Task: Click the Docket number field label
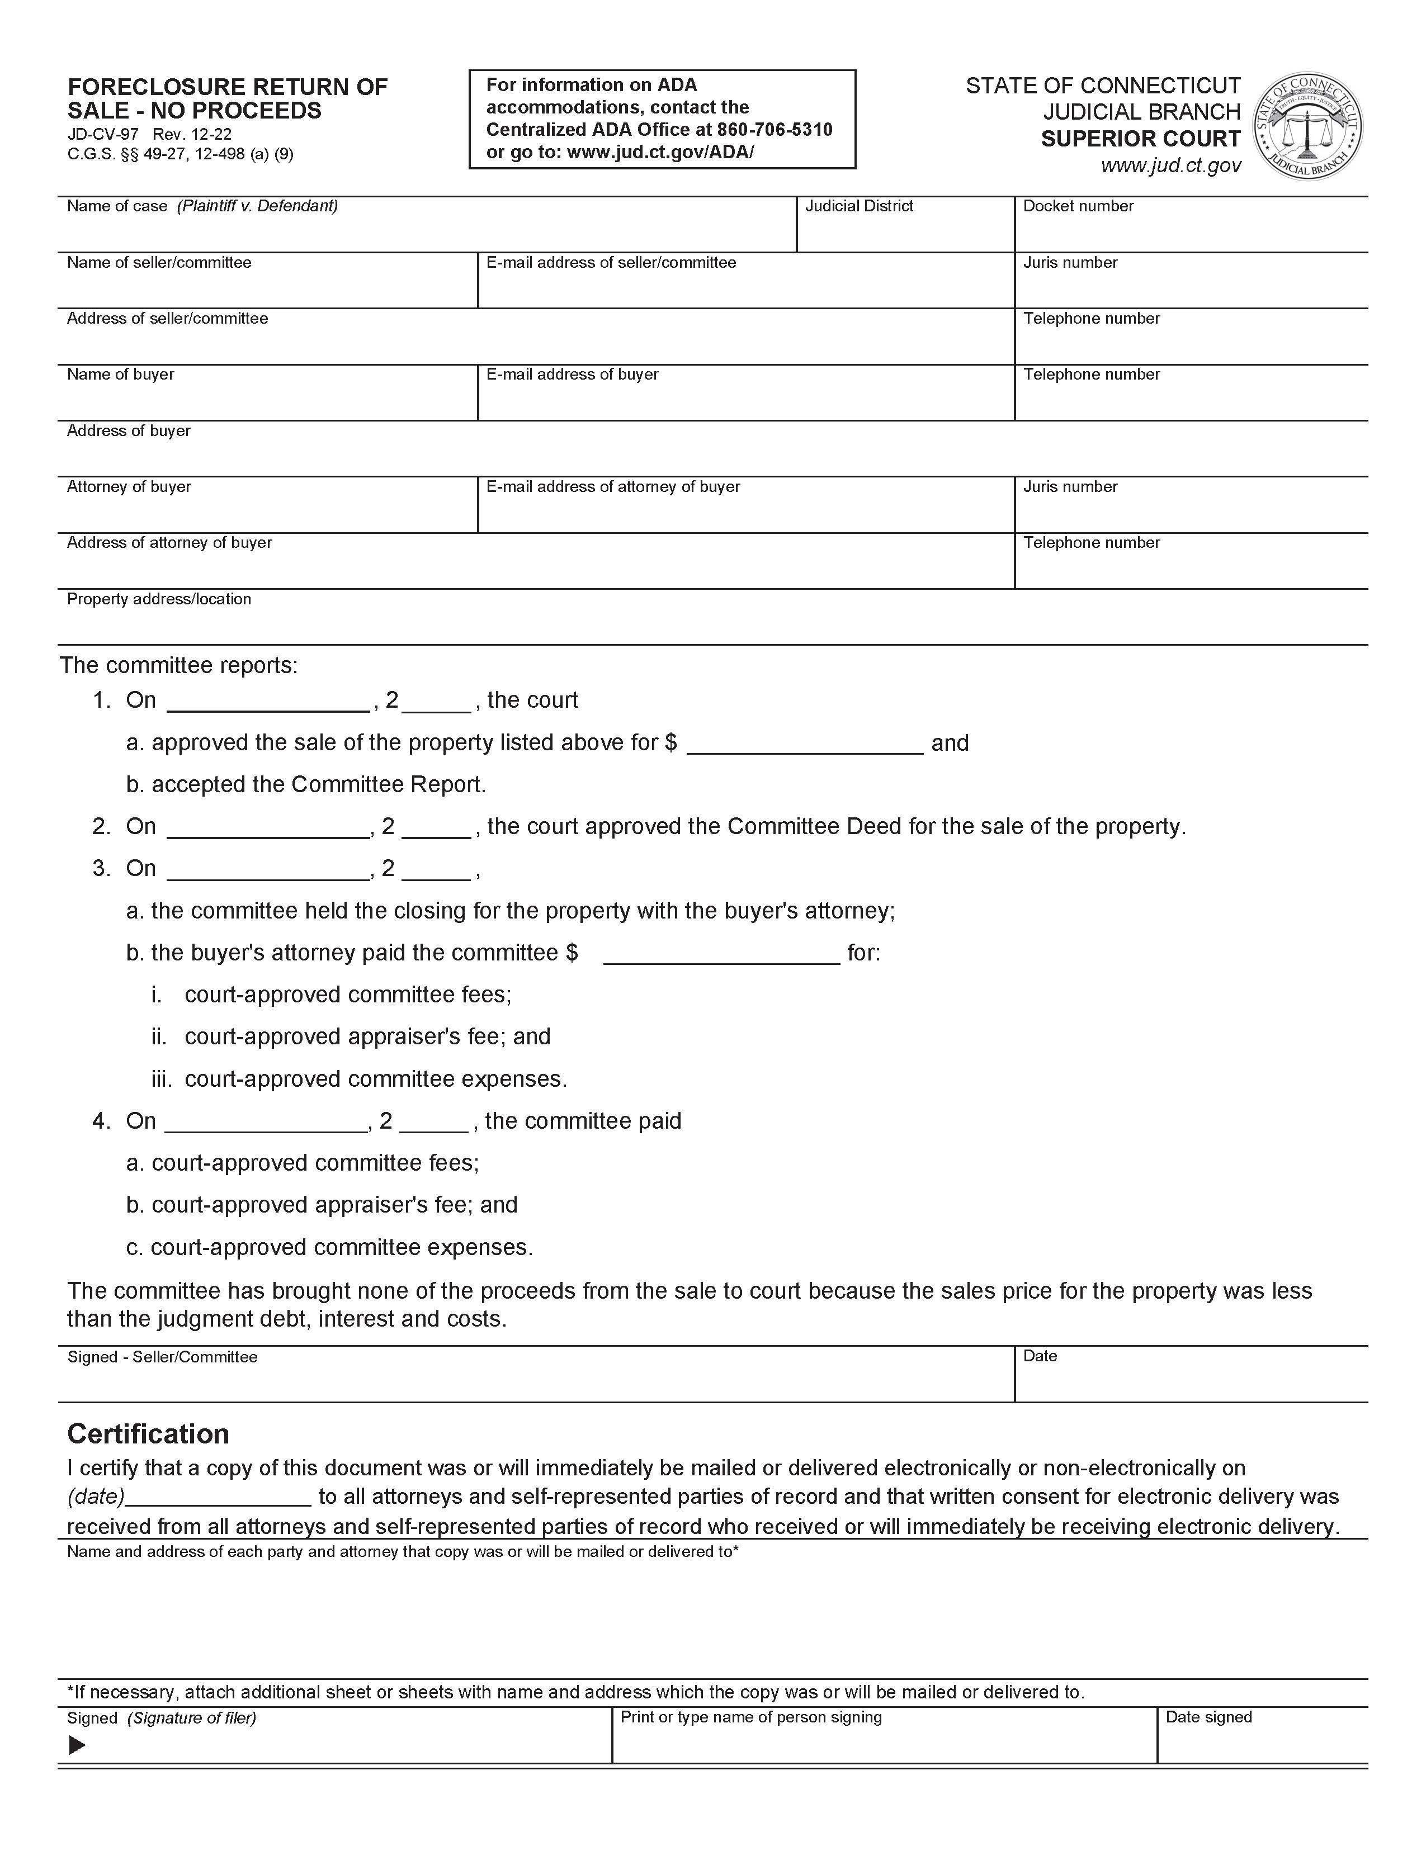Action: (1078, 206)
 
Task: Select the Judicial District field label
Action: (859, 206)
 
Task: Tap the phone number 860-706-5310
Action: (774, 130)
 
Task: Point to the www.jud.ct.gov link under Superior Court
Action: (1171, 165)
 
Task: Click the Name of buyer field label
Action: (120, 375)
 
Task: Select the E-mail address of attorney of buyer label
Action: (613, 486)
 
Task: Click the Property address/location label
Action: (159, 599)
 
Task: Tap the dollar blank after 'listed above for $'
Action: (804, 744)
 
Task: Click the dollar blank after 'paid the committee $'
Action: (721, 954)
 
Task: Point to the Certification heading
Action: (148, 1434)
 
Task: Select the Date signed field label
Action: (1208, 1717)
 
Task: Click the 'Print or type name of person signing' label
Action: (751, 1717)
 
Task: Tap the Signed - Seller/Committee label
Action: (162, 1357)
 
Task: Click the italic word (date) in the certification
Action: (96, 1496)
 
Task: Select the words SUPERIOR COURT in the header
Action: (1140, 139)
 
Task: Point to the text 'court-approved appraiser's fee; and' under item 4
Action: (334, 1205)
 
